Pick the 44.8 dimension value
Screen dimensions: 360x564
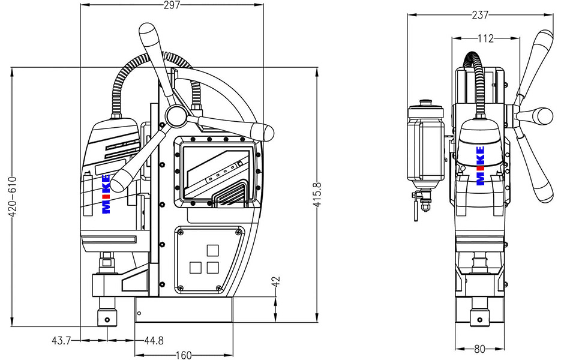[x=154, y=341]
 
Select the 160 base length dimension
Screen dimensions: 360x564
[x=184, y=355]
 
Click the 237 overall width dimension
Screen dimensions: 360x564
[x=479, y=14]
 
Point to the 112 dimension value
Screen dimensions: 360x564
[x=485, y=38]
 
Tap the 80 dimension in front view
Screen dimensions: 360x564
[x=479, y=349]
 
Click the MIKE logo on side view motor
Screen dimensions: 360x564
[x=106, y=194]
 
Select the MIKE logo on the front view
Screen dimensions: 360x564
[x=480, y=166]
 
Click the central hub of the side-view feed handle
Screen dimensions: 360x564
[x=175, y=115]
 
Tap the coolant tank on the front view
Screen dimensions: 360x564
[x=425, y=144]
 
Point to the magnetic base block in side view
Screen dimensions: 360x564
[x=184, y=310]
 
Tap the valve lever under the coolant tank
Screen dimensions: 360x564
[x=415, y=209]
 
